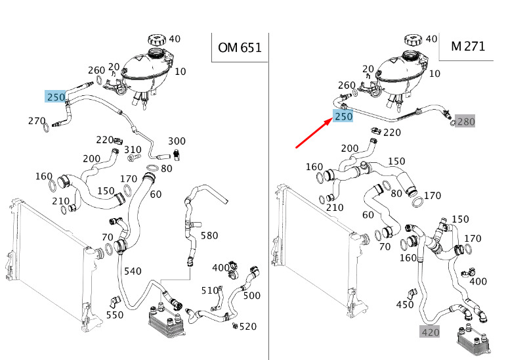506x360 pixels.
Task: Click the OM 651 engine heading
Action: tap(240, 47)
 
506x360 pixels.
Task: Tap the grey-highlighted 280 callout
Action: tap(465, 122)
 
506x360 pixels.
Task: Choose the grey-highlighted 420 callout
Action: tap(430, 332)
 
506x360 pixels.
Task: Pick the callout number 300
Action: tap(177, 141)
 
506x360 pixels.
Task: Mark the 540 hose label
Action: tap(132, 271)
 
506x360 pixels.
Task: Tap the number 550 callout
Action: tap(115, 315)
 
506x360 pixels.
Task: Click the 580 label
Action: tap(209, 235)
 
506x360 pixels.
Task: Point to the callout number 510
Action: tap(209, 290)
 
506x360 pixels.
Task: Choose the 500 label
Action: tap(251, 296)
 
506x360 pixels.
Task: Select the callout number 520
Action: tap(248, 326)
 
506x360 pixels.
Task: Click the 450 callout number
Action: tap(405, 305)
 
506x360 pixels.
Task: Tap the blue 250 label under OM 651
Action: tap(56, 97)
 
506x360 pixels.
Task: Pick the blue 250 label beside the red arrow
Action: tap(343, 116)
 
